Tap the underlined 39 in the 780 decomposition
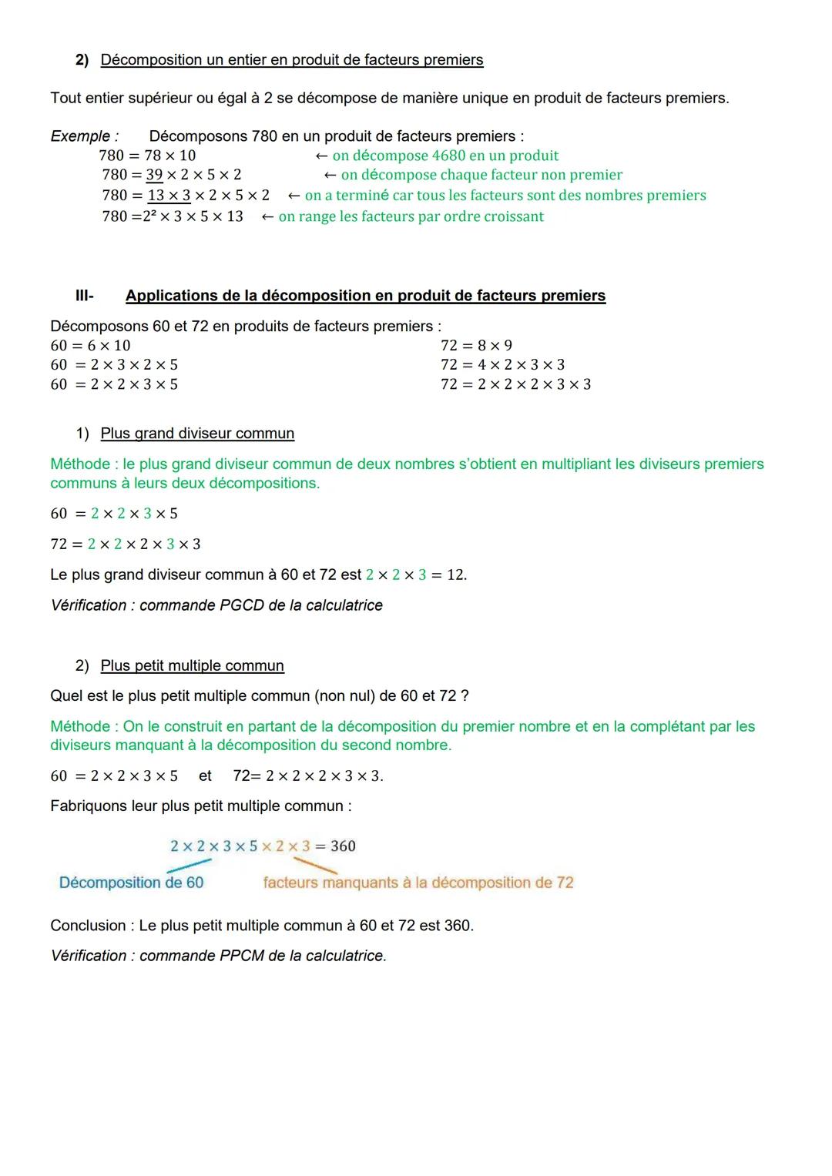(154, 175)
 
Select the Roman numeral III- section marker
(84, 296)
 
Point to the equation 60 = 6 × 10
(90, 346)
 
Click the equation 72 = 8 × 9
(476, 346)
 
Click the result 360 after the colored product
(343, 846)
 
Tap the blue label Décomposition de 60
(131, 883)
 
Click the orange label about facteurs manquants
(418, 883)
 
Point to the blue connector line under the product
(189, 866)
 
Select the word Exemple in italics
(80, 136)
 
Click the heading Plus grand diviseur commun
(197, 434)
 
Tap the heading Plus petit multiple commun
(192, 665)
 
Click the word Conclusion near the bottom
(88, 926)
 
